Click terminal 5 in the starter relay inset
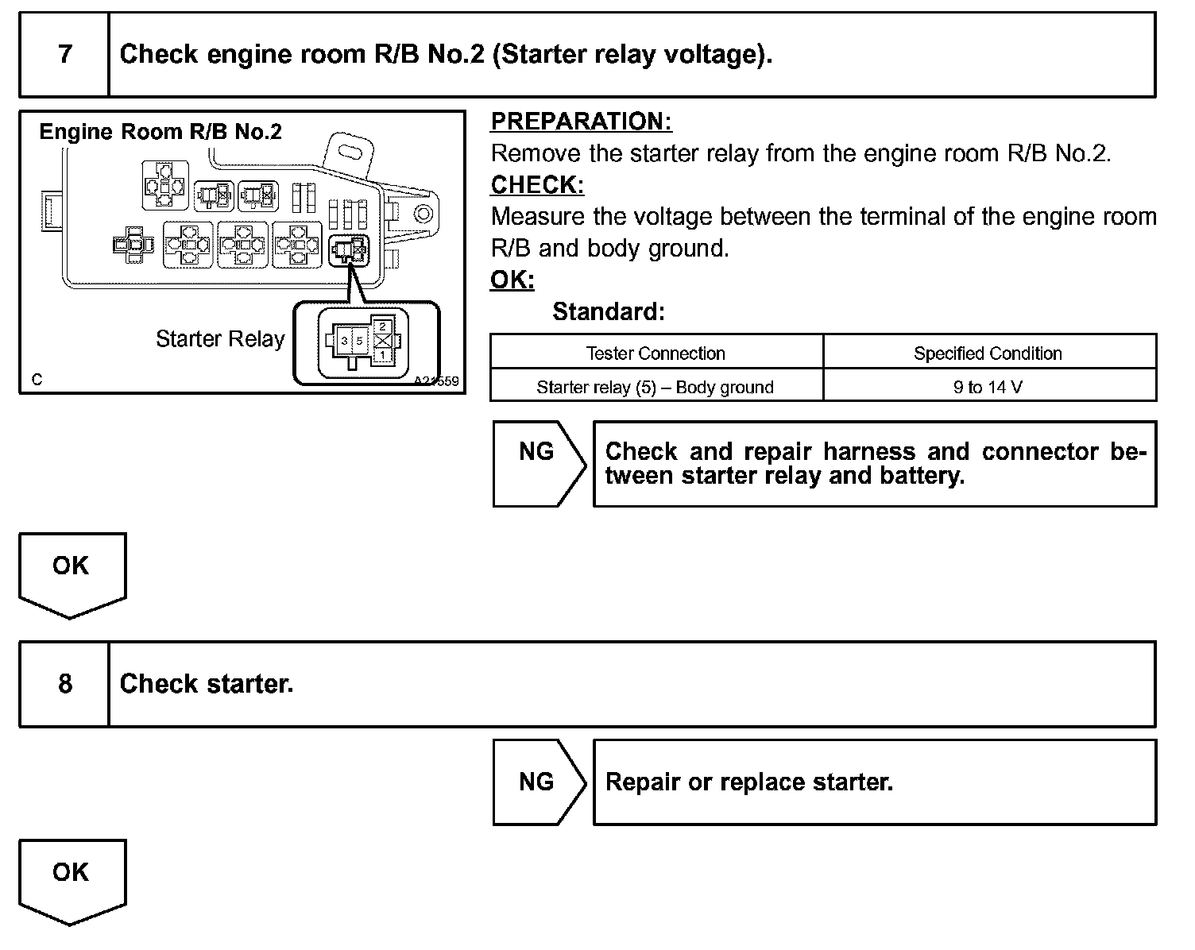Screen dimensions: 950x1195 click(359, 341)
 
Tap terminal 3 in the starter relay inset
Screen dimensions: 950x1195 click(344, 341)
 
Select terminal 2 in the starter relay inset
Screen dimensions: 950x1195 click(383, 326)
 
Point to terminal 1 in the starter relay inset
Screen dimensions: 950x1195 click(383, 356)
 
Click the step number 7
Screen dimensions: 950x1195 click(65, 54)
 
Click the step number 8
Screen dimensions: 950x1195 click(65, 684)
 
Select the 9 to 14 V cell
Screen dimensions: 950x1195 click(988, 387)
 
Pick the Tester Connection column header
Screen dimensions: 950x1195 click(656, 353)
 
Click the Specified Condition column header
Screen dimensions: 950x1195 click(988, 353)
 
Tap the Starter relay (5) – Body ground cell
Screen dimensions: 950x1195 click(656, 387)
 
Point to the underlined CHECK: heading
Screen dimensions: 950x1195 click(538, 185)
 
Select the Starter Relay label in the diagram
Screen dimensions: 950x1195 click(220, 339)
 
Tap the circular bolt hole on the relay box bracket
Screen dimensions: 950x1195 click(423, 213)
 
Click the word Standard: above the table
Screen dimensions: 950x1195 click(609, 311)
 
